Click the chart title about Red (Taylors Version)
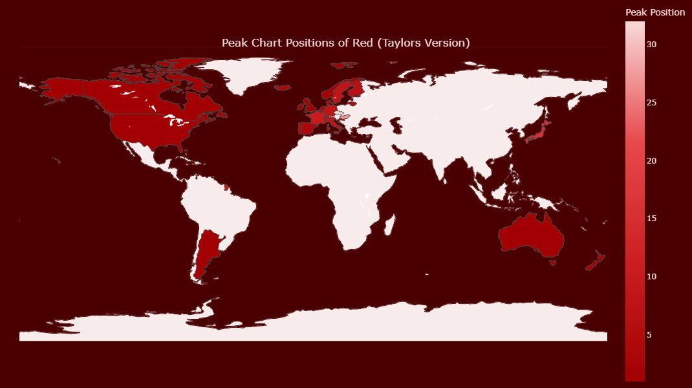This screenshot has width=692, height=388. coord(345,43)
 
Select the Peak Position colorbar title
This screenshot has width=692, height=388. coord(655,12)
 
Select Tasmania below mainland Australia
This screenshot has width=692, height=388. coord(552,263)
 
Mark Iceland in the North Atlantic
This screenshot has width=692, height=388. coord(283,87)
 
